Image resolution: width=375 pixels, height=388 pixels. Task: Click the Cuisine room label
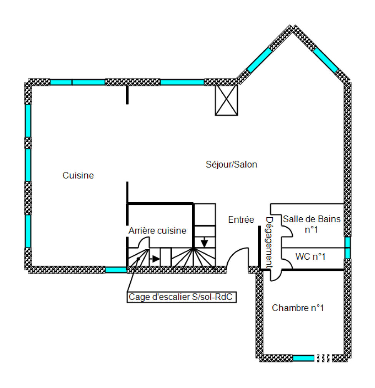(78, 175)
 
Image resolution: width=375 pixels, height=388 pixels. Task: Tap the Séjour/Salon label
(232, 165)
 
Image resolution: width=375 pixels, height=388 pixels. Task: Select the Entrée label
(241, 220)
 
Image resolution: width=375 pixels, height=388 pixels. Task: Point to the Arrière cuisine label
(157, 231)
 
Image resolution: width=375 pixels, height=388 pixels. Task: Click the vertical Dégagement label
(269, 242)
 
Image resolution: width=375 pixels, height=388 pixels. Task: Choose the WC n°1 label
(310, 257)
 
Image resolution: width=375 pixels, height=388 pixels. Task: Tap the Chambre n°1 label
(298, 308)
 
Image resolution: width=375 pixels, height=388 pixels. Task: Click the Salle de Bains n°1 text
(312, 224)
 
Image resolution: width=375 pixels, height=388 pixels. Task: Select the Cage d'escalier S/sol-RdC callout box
(182, 297)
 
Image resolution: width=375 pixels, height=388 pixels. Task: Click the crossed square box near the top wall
(226, 100)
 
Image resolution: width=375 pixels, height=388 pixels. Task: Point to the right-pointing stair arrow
(155, 259)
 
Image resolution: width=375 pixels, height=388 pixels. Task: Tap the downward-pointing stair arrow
(204, 242)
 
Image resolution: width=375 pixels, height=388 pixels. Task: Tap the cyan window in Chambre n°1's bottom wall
(303, 358)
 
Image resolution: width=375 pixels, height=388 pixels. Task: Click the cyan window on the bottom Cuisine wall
(116, 270)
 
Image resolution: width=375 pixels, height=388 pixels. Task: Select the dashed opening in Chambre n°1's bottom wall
(323, 358)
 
